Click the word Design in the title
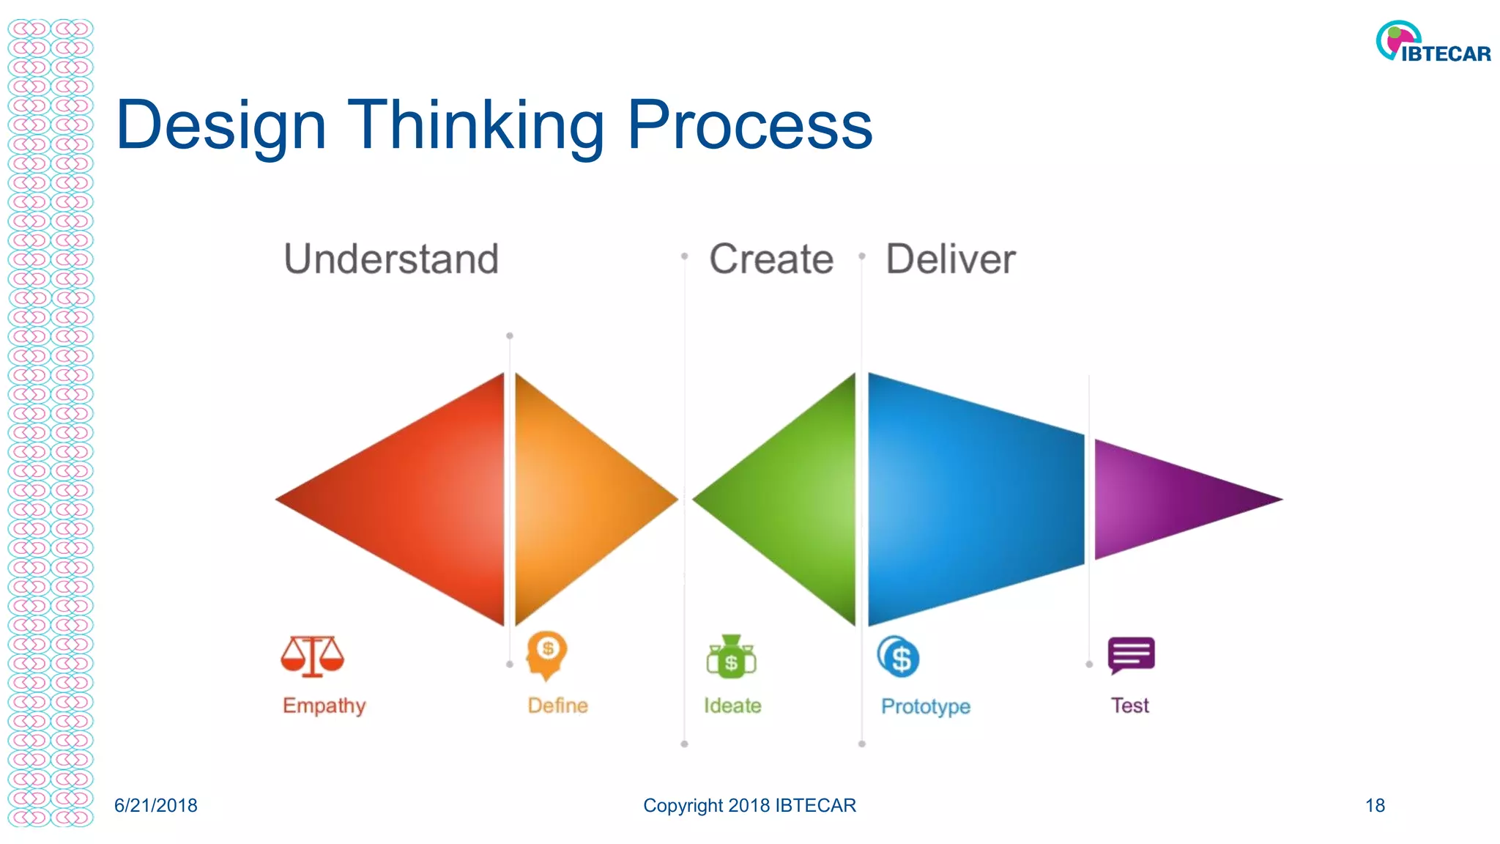click(x=220, y=126)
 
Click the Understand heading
click(x=391, y=259)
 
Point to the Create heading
click(x=771, y=259)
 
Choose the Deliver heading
click(x=950, y=259)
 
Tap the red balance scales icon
click(x=312, y=655)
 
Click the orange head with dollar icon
click(x=546, y=654)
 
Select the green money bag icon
click(x=731, y=656)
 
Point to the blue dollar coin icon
click(x=899, y=657)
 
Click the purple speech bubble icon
click(x=1131, y=654)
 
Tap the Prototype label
click(x=925, y=706)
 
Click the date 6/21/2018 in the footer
click(x=155, y=805)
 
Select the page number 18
click(x=1375, y=805)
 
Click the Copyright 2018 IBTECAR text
click(x=749, y=805)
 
